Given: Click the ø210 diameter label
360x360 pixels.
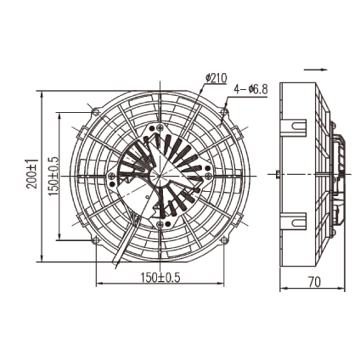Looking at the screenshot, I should [x=217, y=78].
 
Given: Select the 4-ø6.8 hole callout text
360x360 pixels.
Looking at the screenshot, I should [x=250, y=88].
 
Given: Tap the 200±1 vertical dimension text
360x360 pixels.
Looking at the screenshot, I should [x=32, y=175].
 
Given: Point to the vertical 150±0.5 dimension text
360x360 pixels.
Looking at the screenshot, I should [x=53, y=175].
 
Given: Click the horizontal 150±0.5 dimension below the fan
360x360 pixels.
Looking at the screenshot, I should [x=160, y=278].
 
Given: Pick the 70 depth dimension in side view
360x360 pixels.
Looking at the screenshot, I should [x=313, y=282].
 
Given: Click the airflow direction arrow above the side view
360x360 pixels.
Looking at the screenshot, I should [x=316, y=70].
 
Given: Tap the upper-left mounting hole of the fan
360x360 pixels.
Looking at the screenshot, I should [x=96, y=112].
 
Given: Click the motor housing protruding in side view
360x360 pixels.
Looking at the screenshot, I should [x=338, y=175].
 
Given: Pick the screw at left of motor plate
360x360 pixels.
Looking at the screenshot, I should [x=112, y=176].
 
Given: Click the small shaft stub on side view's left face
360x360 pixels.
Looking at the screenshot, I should [x=278, y=175].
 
